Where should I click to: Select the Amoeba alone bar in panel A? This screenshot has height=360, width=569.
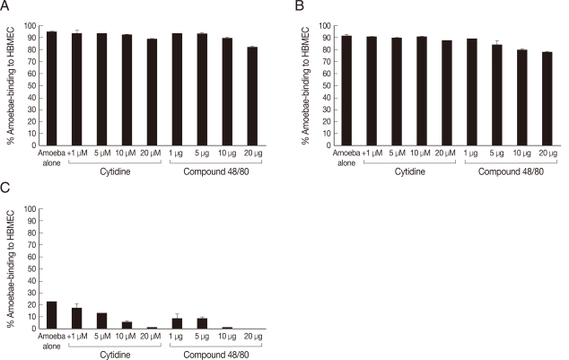click(51, 88)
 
